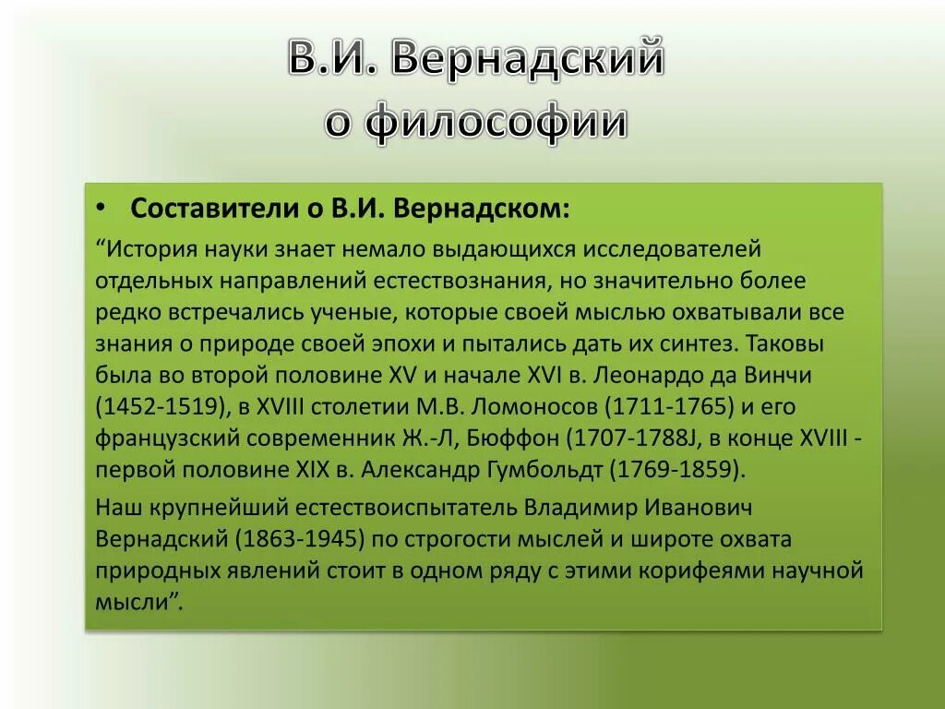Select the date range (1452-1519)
point(151,407)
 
